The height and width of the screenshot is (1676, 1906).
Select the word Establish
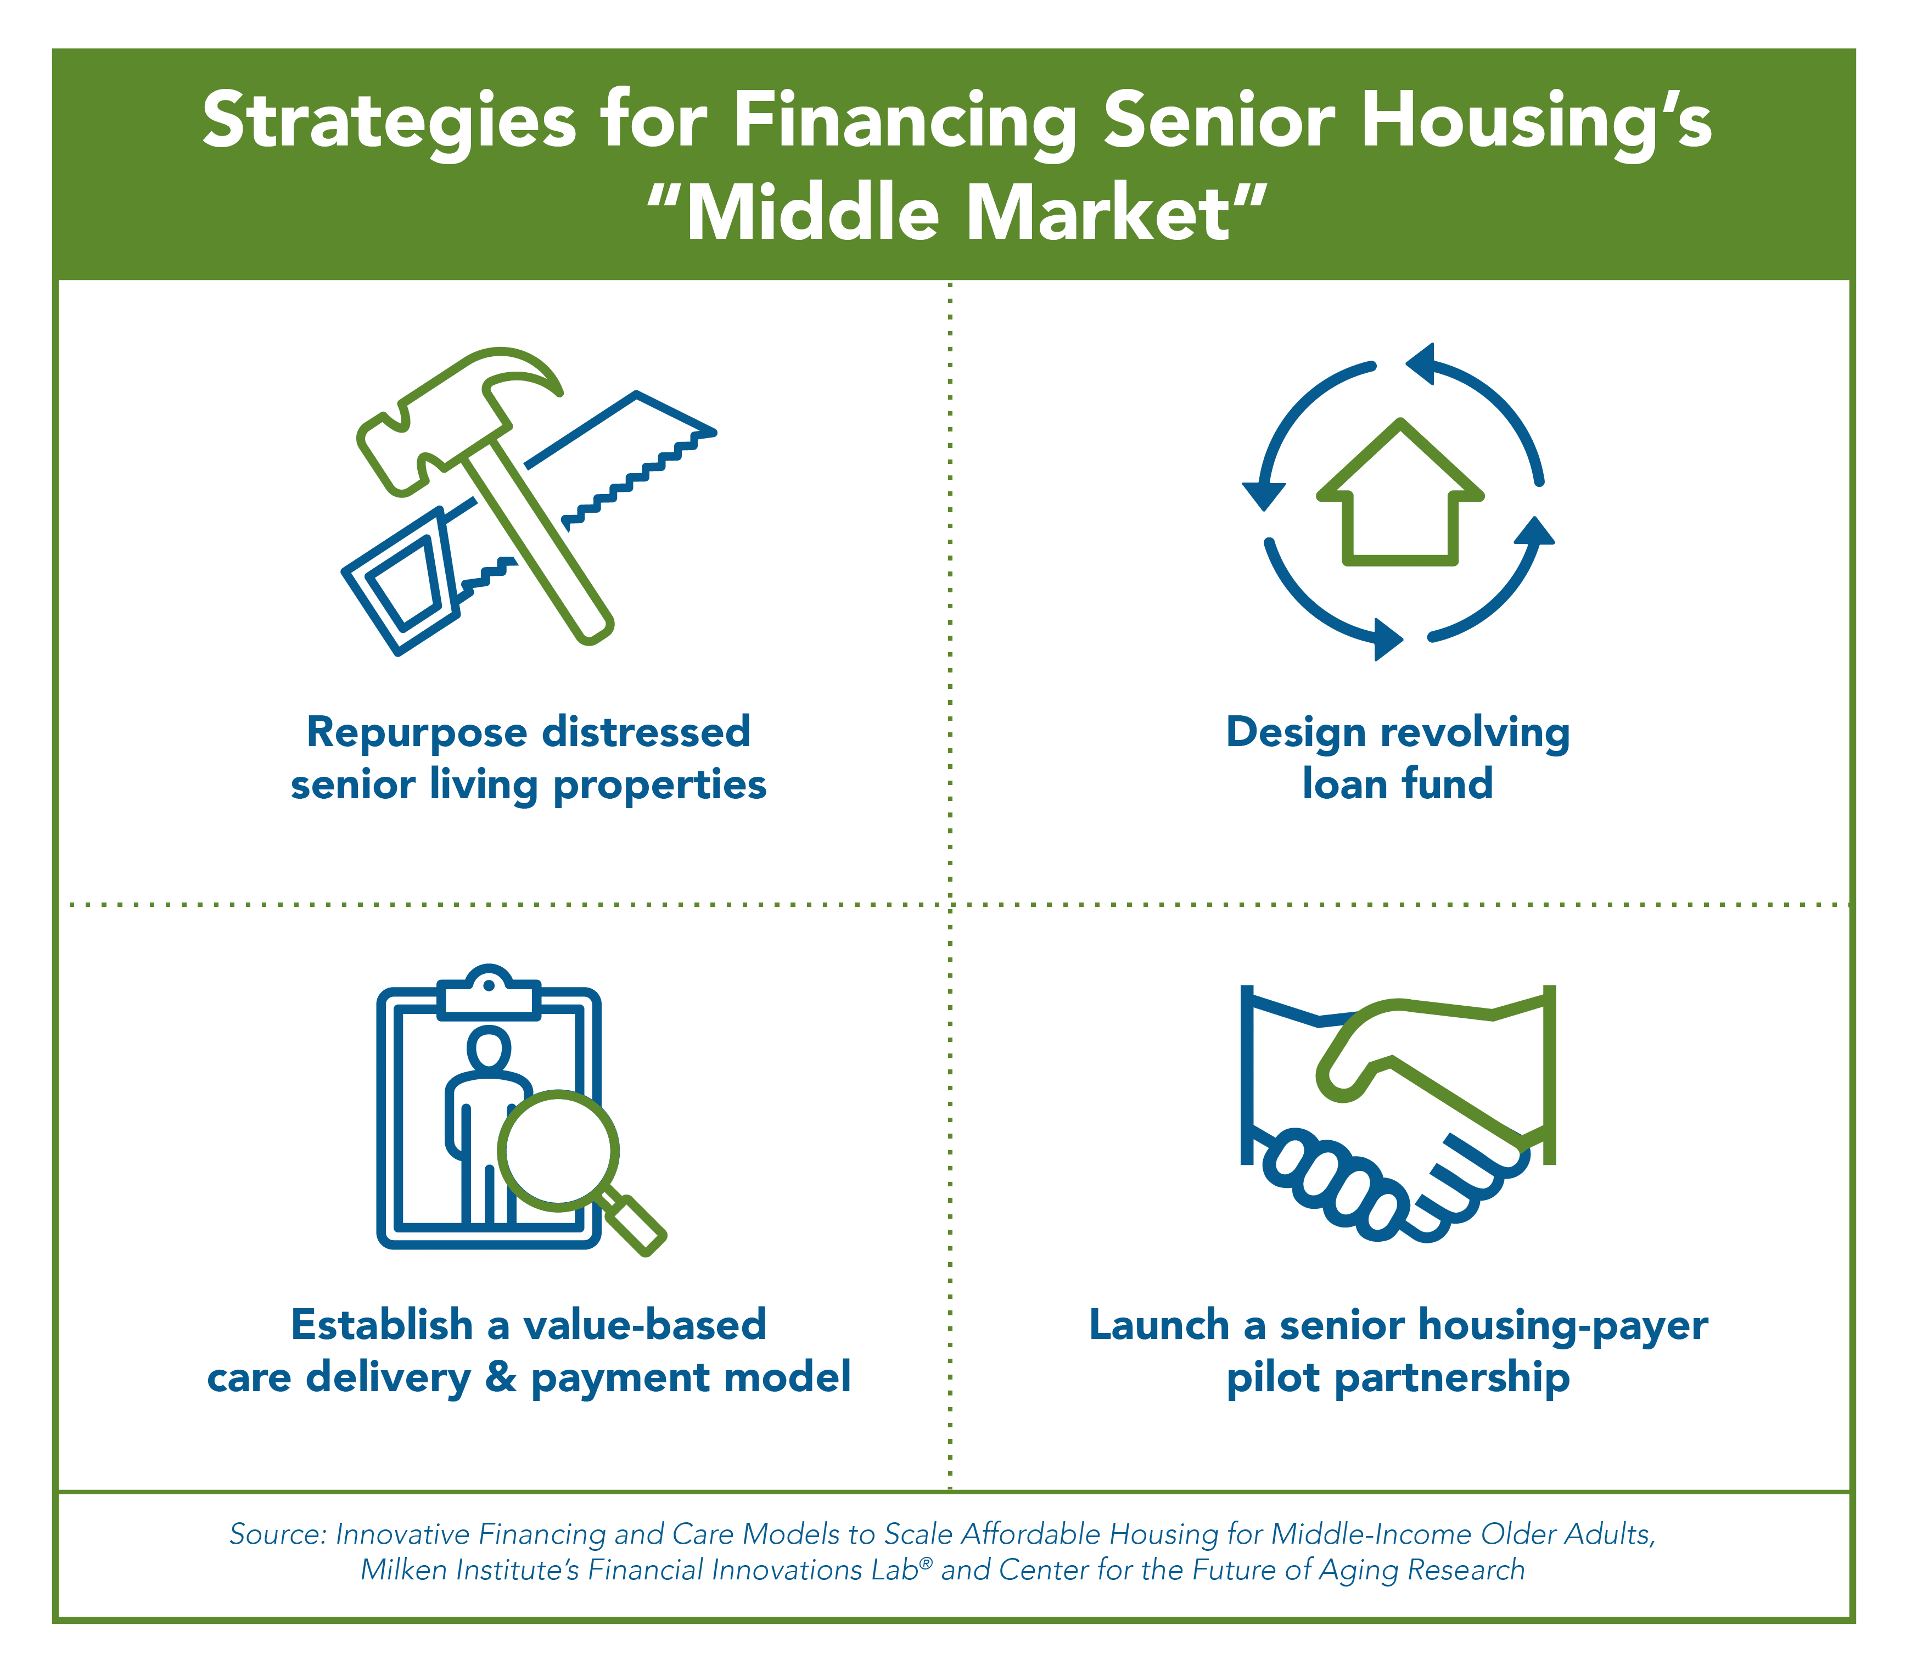click(382, 1324)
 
